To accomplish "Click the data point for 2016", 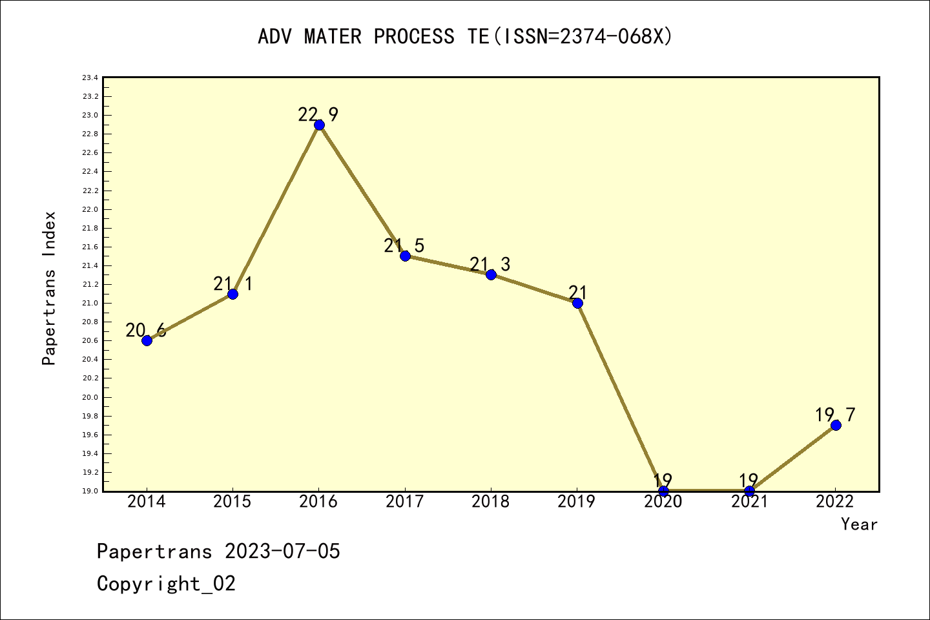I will (x=319, y=125).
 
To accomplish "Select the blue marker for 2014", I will (x=147, y=340).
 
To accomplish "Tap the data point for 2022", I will (x=836, y=425).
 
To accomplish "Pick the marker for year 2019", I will (x=577, y=303).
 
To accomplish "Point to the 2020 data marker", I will (x=663, y=491).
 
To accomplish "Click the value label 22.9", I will (x=318, y=115).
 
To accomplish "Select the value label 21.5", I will (x=404, y=246).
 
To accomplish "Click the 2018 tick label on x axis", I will (x=490, y=502).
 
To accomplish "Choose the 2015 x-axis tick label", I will (x=232, y=502).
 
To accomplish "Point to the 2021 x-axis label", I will (x=749, y=502).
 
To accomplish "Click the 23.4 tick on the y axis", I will (x=90, y=78).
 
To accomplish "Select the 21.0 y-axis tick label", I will (x=90, y=304).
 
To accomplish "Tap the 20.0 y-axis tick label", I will (x=90, y=397).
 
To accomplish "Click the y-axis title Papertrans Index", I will (x=49, y=288).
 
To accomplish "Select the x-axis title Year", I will (x=859, y=524).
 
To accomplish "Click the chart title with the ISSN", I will (x=465, y=37).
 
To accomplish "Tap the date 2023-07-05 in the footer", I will (x=282, y=552).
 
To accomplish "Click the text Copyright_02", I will (x=166, y=584).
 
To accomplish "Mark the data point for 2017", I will (x=405, y=256).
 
